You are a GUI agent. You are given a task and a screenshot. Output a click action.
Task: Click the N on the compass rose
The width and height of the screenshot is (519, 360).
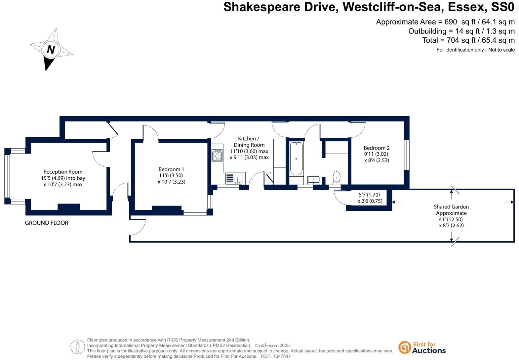(51, 50)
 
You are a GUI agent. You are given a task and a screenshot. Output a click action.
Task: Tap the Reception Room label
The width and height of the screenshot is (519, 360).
(63, 172)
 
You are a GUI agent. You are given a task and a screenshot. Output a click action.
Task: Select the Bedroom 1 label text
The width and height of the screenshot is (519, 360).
(171, 169)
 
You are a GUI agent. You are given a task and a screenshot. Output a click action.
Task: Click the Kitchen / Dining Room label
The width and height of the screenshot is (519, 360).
(249, 142)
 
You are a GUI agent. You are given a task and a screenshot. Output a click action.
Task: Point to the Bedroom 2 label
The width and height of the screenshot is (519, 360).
(377, 148)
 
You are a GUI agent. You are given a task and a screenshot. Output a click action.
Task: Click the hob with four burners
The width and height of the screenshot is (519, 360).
(217, 155)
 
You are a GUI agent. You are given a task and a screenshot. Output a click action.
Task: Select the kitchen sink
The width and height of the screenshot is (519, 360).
(234, 179)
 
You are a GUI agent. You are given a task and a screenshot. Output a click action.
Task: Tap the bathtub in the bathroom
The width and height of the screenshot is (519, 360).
(296, 158)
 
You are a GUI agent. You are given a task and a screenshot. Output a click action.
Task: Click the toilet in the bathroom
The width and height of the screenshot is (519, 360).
(337, 177)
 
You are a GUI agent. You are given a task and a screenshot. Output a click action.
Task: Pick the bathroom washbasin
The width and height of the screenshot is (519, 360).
(313, 180)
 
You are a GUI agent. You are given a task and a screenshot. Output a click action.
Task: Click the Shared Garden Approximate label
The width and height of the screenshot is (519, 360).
(451, 210)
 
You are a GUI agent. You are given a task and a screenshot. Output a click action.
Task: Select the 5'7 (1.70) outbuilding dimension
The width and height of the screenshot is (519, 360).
(369, 195)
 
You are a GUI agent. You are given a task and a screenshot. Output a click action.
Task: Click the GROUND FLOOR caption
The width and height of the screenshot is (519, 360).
(47, 223)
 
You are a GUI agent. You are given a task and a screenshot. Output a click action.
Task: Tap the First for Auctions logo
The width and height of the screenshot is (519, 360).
(422, 347)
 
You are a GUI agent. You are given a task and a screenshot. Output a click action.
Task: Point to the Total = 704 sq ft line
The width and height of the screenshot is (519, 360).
(468, 40)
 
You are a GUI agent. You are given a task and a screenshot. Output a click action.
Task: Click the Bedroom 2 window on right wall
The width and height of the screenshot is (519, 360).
(407, 155)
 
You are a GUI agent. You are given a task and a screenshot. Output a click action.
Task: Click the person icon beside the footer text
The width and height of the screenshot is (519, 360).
(78, 347)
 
